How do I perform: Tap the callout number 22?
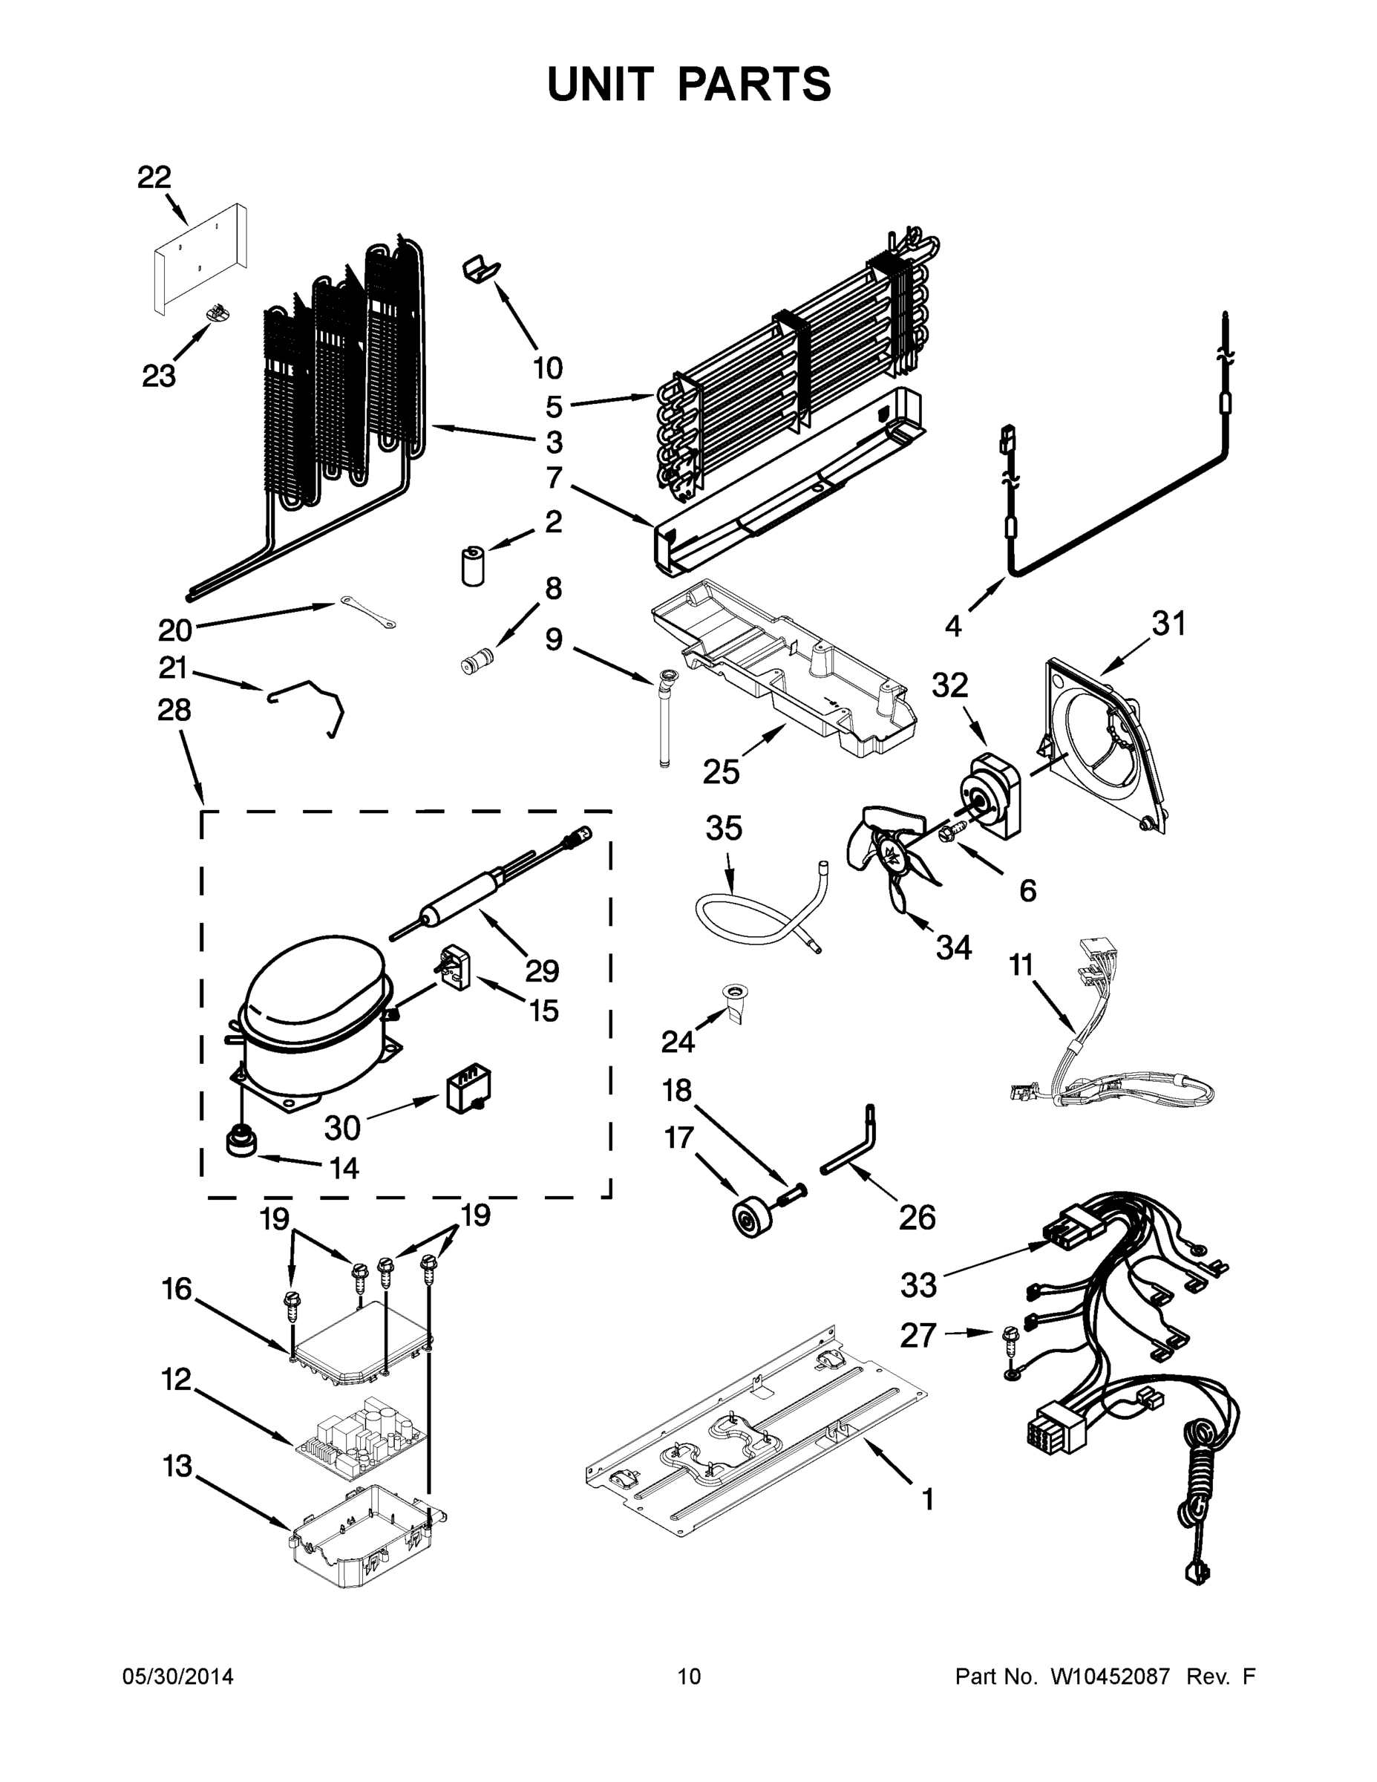pos(154,177)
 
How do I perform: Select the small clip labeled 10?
pos(481,269)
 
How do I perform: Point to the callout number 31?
pos(1168,624)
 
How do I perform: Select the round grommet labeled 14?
pos(241,1140)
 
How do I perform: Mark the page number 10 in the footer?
pos(690,1676)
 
